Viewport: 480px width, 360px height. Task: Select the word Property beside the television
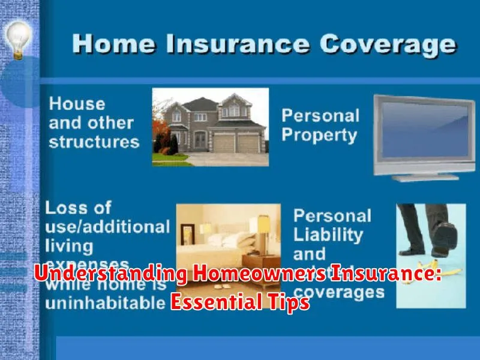[x=320, y=136]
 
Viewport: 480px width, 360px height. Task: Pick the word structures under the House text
[x=94, y=142]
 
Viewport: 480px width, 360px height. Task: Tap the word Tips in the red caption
[x=289, y=302]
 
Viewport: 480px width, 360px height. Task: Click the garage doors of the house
[x=237, y=143]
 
